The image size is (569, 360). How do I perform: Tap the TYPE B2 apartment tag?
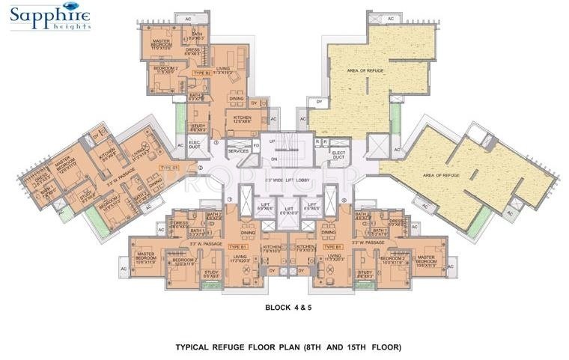[200, 73]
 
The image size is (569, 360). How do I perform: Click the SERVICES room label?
[238, 150]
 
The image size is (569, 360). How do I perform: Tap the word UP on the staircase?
[273, 141]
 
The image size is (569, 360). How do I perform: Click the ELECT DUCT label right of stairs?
[338, 154]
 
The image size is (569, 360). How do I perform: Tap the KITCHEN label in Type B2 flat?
[242, 119]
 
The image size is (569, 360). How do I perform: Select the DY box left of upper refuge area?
[319, 101]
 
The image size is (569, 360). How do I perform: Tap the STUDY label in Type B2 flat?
[198, 128]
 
